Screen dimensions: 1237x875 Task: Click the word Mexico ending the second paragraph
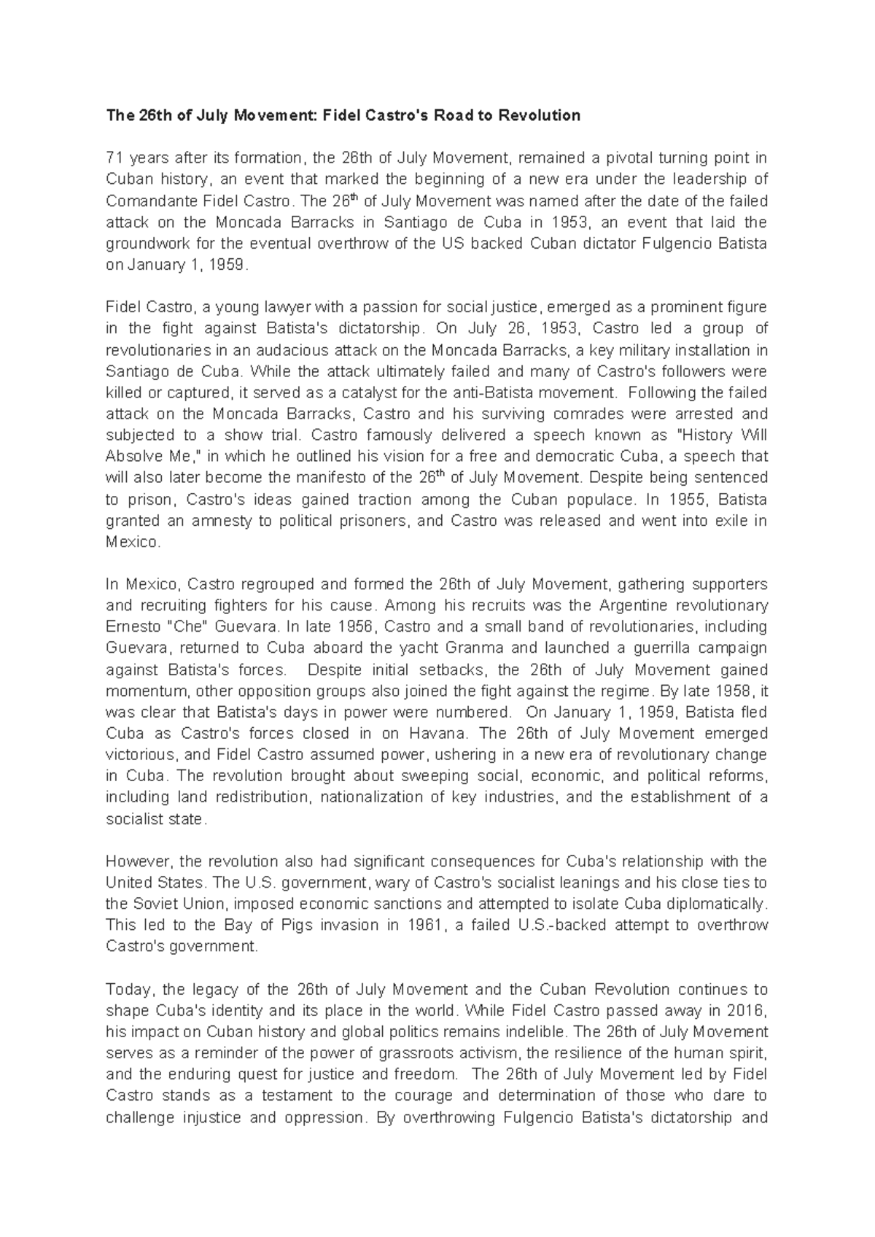click(131, 542)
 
